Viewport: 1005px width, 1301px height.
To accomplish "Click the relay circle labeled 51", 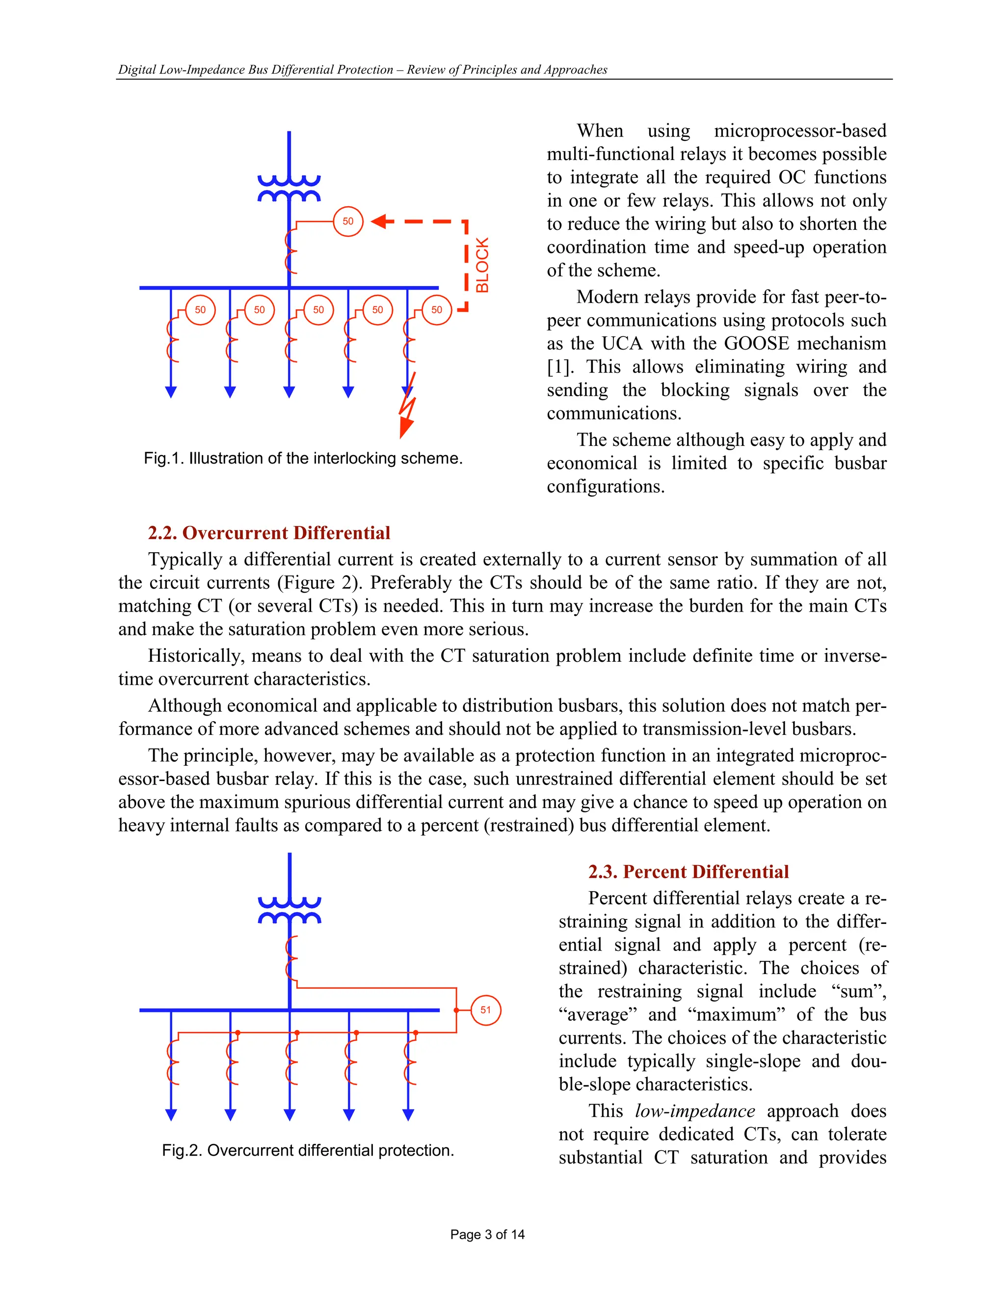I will (485, 1010).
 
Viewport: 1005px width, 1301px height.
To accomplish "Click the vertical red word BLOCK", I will (482, 265).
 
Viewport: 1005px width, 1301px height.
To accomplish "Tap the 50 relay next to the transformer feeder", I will (348, 221).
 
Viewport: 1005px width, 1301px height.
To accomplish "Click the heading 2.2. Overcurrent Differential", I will (269, 533).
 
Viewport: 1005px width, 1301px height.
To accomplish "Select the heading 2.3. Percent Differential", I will (688, 871).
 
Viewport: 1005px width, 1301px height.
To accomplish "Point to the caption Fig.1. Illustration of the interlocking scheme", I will (303, 458).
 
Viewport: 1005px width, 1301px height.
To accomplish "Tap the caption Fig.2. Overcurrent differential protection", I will (308, 1150).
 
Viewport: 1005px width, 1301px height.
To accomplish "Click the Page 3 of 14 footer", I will (487, 1234).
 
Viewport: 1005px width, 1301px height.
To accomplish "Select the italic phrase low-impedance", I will (695, 1111).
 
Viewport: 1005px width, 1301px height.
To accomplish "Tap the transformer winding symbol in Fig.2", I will (290, 910).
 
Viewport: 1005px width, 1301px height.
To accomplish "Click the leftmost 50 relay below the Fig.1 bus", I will (200, 310).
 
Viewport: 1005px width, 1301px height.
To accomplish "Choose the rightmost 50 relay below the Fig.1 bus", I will (436, 310).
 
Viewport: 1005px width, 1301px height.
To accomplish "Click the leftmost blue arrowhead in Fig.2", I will (171, 1114).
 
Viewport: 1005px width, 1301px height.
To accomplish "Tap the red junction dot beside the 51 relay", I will (456, 1010).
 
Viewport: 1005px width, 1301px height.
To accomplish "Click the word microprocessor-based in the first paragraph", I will (799, 131).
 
